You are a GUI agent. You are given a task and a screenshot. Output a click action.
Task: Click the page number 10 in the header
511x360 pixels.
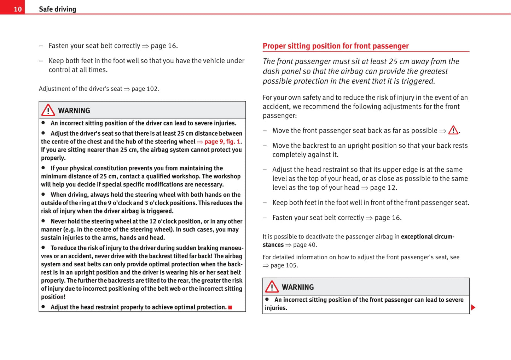(18, 9)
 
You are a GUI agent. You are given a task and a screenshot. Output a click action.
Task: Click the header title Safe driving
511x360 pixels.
(57, 9)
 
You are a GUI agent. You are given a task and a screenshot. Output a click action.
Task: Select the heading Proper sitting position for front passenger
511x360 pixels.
(335, 46)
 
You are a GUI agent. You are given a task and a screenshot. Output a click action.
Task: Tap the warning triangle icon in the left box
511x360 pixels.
(48, 110)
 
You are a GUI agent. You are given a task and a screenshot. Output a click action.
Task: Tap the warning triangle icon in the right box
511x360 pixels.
(272, 287)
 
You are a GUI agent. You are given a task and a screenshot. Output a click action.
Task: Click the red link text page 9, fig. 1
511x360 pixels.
(222, 142)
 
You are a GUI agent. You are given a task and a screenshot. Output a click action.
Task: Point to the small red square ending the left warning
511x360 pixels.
(230, 307)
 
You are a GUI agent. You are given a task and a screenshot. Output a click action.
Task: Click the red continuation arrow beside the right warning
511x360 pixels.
(473, 307)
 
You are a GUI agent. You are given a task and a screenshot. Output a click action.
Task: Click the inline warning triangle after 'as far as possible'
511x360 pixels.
(453, 130)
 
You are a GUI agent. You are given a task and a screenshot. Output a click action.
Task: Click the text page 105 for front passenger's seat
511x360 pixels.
(284, 265)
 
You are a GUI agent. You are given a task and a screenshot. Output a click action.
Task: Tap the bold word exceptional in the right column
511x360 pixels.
(417, 237)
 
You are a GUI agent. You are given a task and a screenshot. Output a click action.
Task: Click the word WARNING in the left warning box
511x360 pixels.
(74, 111)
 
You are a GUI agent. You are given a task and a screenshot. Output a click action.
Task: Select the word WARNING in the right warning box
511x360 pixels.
(298, 287)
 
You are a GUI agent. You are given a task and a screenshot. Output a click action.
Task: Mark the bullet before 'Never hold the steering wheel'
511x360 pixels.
(43, 221)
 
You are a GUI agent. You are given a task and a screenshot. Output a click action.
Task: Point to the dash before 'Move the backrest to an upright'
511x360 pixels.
(265, 146)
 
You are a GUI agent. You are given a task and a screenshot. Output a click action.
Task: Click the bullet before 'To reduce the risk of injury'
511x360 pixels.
(43, 247)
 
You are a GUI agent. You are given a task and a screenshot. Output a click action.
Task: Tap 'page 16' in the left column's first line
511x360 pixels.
(163, 46)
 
